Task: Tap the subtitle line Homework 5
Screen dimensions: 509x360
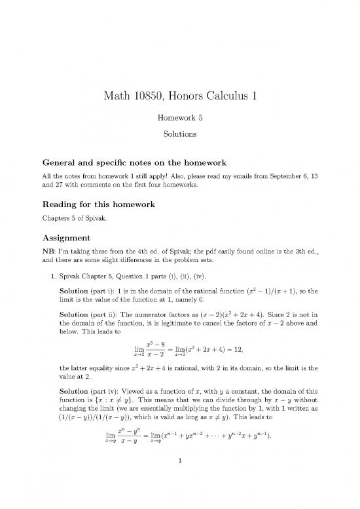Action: point(179,120)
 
